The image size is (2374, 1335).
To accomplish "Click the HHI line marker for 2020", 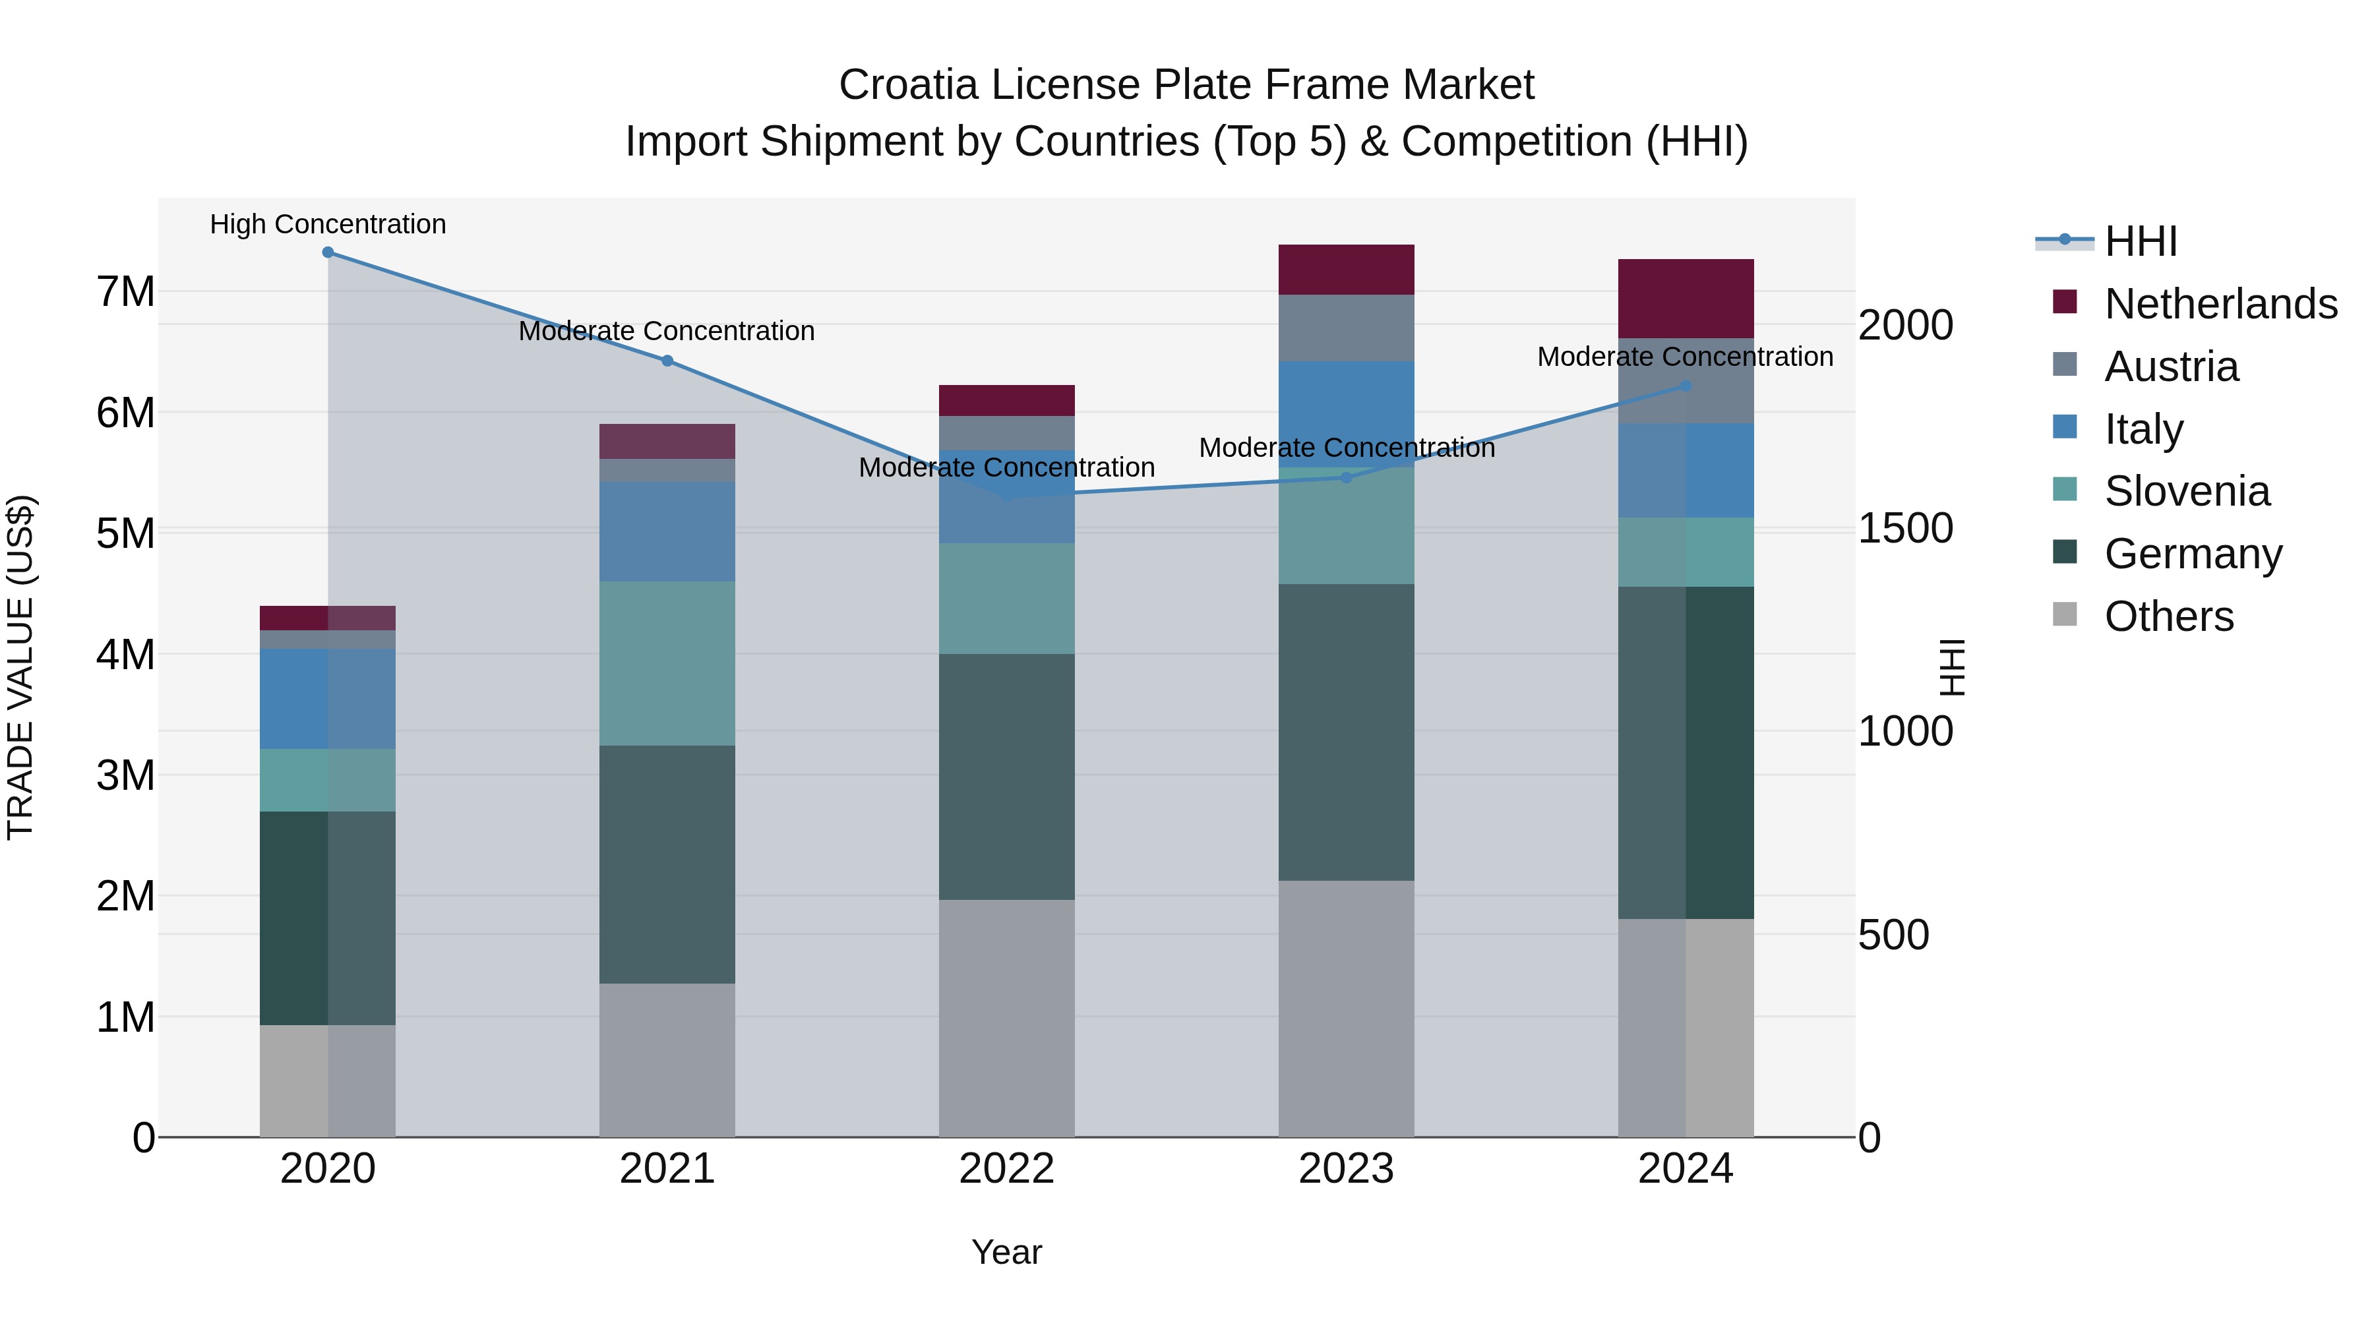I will click(328, 252).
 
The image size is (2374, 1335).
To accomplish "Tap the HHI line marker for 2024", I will click(1686, 386).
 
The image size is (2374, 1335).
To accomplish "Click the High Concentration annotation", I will click(328, 224).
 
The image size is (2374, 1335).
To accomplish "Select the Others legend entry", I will click(2168, 616).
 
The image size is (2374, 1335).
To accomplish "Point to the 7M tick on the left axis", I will click(125, 292).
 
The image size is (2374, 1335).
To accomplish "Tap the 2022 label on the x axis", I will click(1006, 1169).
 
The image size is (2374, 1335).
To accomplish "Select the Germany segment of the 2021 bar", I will click(667, 864).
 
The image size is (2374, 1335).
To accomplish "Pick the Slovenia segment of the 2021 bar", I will click(667, 663).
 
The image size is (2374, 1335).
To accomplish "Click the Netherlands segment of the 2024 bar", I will click(1686, 299).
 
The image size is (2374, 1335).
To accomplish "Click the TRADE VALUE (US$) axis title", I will click(21, 667).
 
